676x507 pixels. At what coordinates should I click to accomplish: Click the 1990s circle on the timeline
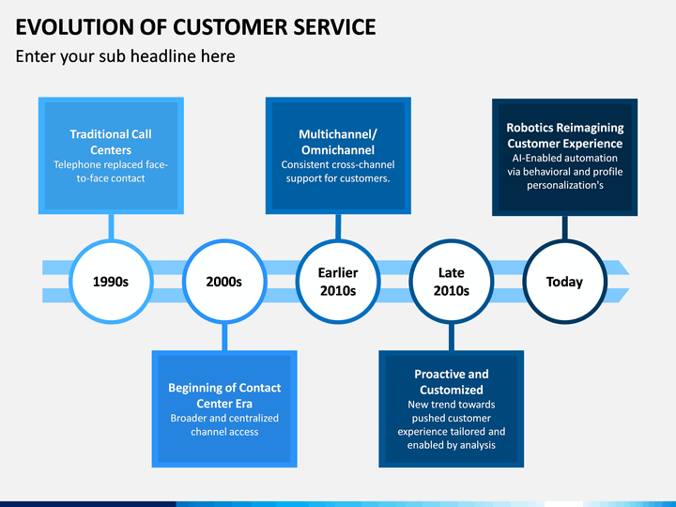(111, 282)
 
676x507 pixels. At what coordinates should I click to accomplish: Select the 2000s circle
(224, 282)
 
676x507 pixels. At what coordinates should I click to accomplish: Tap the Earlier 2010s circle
(338, 282)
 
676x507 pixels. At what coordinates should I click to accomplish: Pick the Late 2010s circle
(452, 282)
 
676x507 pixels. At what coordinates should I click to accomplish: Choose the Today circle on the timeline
(565, 282)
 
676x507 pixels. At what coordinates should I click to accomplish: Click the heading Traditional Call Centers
(111, 142)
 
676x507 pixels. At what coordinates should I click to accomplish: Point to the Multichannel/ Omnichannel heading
(338, 142)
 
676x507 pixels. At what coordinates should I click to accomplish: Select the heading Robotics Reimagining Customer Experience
(565, 135)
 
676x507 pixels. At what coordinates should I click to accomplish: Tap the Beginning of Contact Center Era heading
(224, 395)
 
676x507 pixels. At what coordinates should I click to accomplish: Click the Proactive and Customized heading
(452, 381)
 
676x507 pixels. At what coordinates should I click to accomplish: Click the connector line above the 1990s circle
(111, 227)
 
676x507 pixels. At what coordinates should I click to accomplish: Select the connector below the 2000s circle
(224, 337)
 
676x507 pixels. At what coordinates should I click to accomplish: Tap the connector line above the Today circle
(565, 227)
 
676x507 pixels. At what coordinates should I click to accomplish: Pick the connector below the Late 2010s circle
(452, 337)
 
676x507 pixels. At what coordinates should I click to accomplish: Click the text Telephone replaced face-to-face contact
(111, 172)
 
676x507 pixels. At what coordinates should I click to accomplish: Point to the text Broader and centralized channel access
(224, 425)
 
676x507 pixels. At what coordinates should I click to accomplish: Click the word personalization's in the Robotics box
(565, 185)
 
